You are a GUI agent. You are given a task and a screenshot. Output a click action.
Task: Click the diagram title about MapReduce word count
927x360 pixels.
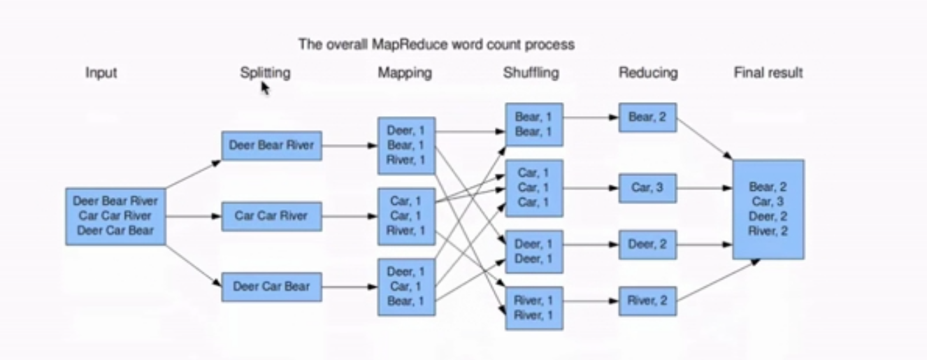[x=436, y=45]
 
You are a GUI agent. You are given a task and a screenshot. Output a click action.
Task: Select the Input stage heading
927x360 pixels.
[x=101, y=73]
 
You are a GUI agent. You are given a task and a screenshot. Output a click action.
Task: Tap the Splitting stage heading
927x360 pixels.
[x=265, y=73]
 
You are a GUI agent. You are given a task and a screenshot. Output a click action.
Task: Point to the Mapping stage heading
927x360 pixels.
[x=405, y=73]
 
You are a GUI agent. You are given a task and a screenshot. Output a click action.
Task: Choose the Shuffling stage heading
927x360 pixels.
[x=531, y=73]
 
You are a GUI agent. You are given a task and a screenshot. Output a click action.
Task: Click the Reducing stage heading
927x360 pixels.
[x=648, y=73]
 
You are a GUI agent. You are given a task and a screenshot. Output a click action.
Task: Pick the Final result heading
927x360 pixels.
[x=768, y=73]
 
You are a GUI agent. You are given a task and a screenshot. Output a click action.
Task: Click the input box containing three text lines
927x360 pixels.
[x=115, y=216]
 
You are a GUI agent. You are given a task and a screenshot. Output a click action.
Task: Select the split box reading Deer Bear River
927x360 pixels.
[x=271, y=146]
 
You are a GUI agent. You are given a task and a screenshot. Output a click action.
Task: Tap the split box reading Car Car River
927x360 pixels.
[x=271, y=216]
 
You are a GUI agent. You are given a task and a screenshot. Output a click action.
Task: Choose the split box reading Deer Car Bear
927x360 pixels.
[x=271, y=287]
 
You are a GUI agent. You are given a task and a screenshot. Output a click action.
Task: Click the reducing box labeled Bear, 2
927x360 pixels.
[x=647, y=117]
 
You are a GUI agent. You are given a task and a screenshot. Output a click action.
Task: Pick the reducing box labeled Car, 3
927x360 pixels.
[x=647, y=188]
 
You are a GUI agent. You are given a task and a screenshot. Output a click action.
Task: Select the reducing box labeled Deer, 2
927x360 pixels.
[x=647, y=245]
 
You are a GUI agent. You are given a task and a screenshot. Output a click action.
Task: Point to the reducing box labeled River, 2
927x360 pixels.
[x=647, y=301]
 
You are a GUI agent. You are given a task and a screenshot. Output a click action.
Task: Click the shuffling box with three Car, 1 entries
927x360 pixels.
[x=533, y=188]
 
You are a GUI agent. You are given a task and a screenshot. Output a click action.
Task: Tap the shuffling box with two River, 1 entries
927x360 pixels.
[x=533, y=308]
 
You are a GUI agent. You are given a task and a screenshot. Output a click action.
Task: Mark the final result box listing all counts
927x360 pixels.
[x=768, y=209]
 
